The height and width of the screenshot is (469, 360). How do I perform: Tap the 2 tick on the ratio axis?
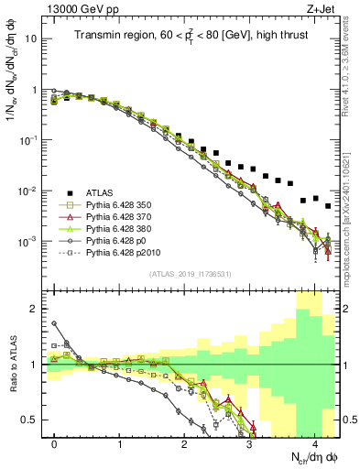38,309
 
